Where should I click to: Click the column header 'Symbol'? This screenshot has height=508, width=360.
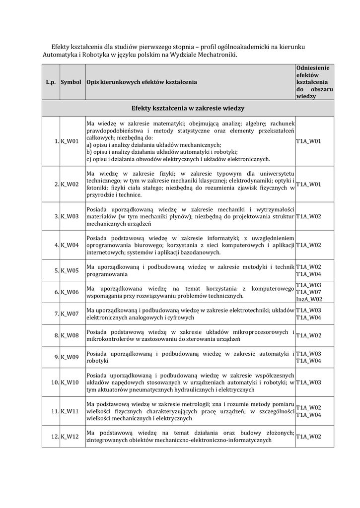click(71, 81)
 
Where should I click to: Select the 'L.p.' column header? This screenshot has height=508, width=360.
click(51, 81)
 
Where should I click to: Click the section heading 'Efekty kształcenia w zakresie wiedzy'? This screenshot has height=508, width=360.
click(188, 108)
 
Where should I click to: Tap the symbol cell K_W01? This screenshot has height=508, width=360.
click(70, 141)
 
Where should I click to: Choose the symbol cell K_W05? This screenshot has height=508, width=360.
click(70, 270)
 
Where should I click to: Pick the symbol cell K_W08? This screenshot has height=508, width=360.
click(70, 335)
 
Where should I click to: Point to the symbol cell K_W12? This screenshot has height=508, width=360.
click(70, 437)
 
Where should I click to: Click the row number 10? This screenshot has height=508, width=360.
click(54, 382)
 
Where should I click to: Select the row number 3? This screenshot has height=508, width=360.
click(56, 216)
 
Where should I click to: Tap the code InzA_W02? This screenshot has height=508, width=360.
click(309, 300)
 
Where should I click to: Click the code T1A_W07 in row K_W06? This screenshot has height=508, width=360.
click(308, 292)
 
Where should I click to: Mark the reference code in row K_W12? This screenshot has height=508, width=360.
click(308, 437)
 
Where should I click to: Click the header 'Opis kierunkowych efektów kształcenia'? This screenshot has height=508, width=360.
click(142, 81)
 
